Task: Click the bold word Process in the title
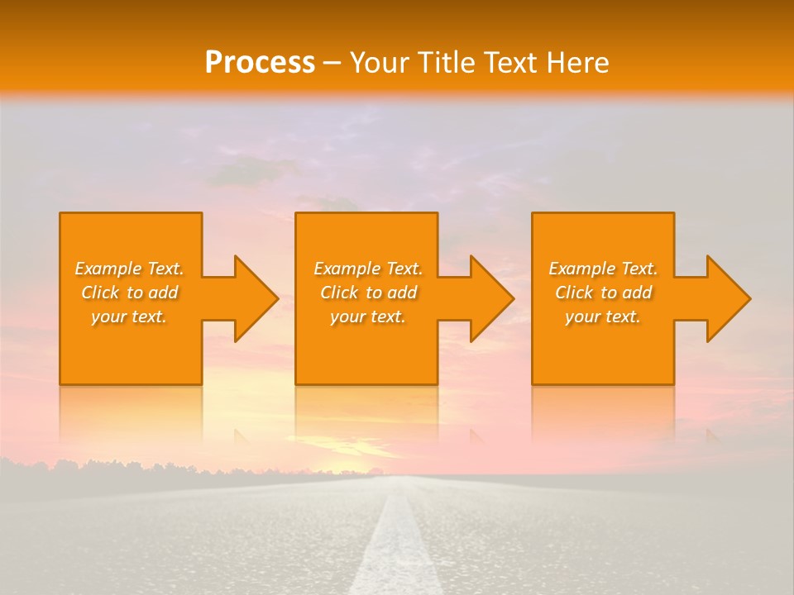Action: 260,62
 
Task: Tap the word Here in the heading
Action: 576,62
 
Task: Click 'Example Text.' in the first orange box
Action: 129,269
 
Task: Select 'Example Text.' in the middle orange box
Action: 367,269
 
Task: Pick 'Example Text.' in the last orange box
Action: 603,269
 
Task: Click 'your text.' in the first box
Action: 129,317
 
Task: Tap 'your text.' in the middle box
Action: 367,317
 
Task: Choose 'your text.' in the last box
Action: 603,317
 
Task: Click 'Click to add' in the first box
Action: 129,293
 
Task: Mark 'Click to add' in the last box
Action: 603,293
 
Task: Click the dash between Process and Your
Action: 332,63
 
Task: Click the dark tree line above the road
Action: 124,469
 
